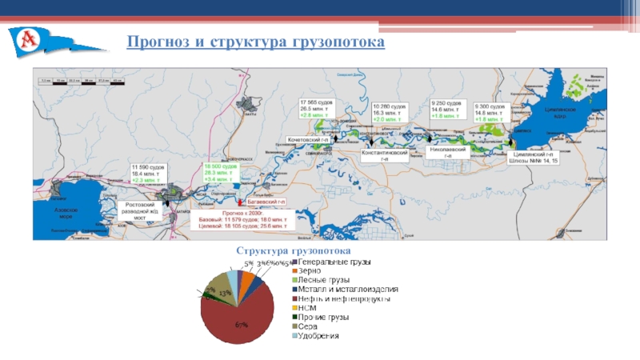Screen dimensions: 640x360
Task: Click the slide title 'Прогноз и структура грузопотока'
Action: [255, 40]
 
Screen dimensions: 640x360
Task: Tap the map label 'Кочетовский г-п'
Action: [310, 139]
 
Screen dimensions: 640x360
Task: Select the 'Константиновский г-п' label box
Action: [386, 154]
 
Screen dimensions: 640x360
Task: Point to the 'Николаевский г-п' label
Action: [448, 151]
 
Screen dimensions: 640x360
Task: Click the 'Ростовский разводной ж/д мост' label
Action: [141, 210]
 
